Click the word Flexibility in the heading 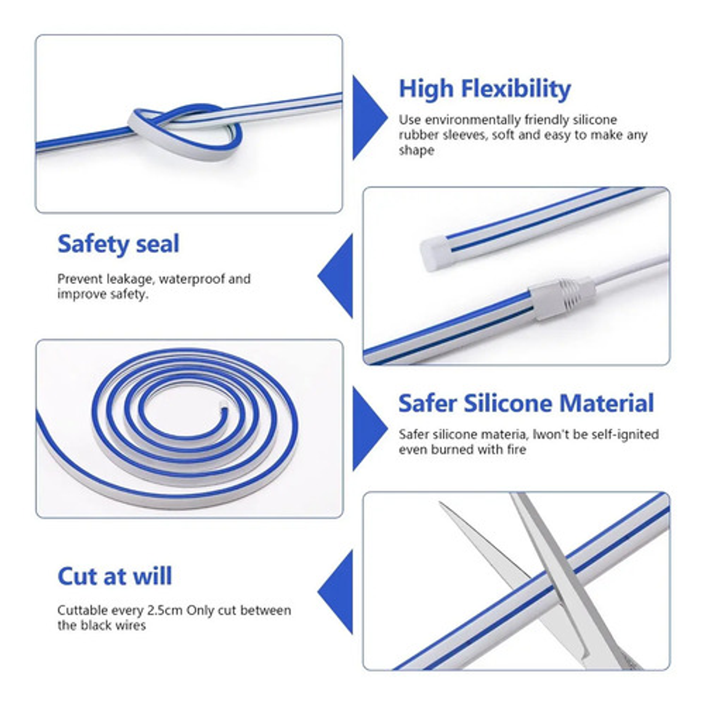pos(516,89)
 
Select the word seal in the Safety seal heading pos(158,244)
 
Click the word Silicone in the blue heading pos(508,403)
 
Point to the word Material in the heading pos(607,403)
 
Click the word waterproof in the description pos(191,279)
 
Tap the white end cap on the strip pos(435,252)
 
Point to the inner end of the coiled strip pos(222,403)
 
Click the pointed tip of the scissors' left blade pos(440,503)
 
